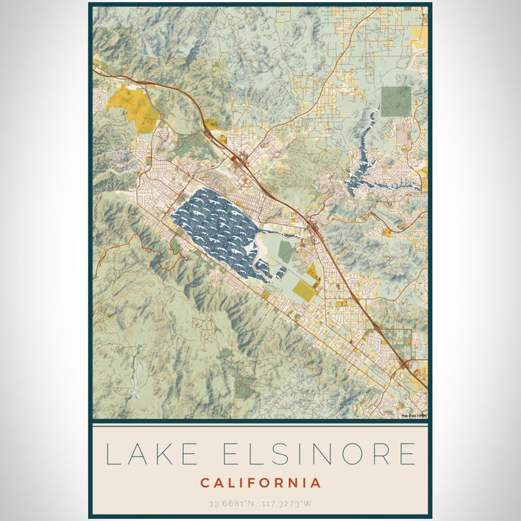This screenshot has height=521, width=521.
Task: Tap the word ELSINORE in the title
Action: [x=316, y=454]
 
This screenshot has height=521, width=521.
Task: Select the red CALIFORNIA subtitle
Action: [x=260, y=483]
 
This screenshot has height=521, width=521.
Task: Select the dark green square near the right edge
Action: [x=395, y=101]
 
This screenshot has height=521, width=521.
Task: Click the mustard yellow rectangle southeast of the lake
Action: [x=304, y=290]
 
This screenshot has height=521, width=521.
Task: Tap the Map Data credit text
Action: [x=414, y=415]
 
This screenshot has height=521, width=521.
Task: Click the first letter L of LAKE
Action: [x=112, y=454]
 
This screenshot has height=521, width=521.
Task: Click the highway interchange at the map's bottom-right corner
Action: [x=405, y=364]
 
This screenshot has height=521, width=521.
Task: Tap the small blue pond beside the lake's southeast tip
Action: [x=281, y=272]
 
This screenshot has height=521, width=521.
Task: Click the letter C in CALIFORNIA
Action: [x=205, y=483]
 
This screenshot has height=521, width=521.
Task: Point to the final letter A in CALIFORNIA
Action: [x=316, y=483]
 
